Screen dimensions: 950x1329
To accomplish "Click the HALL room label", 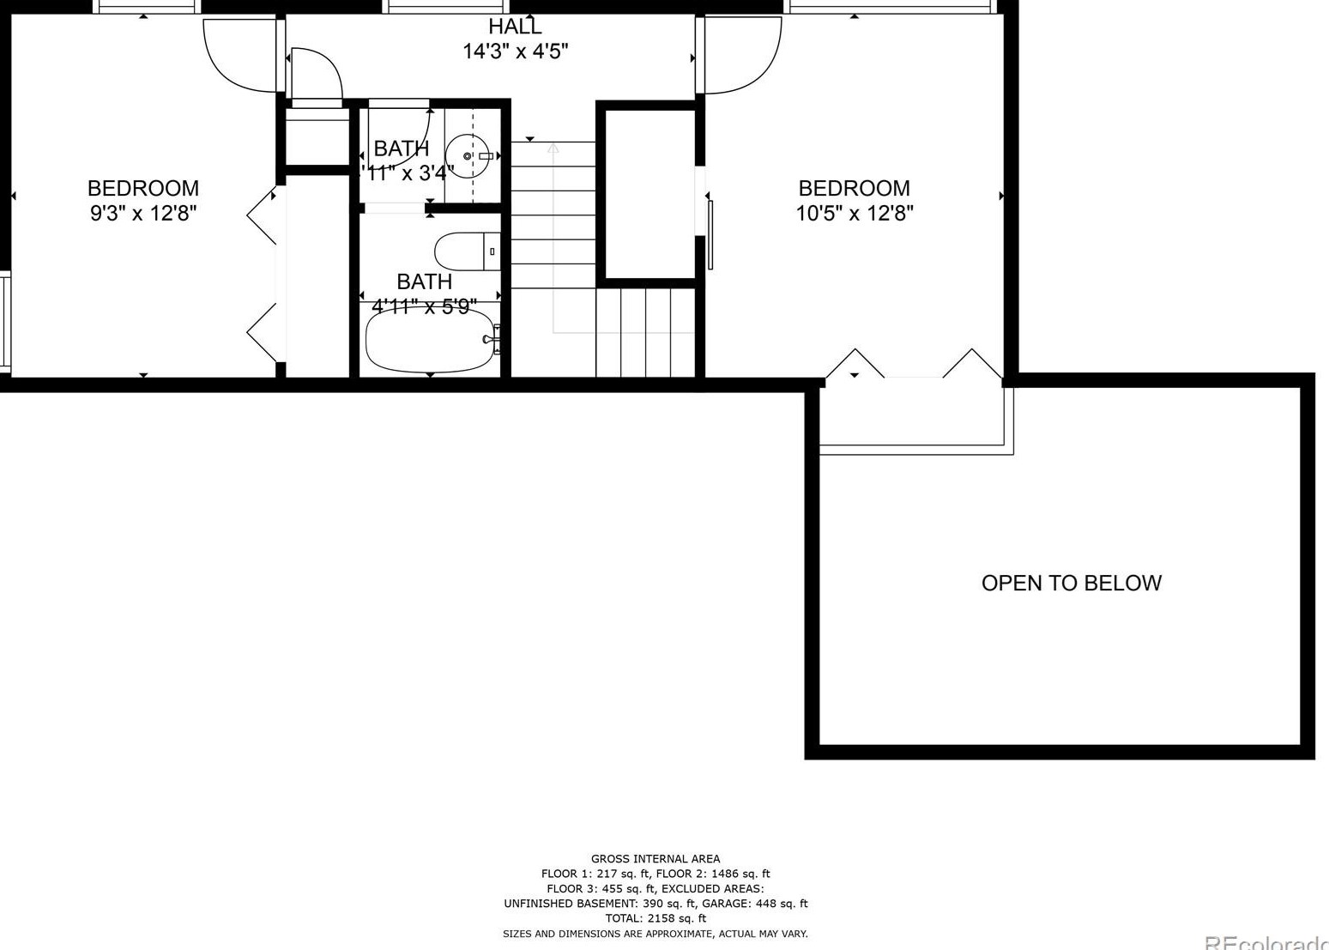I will click(515, 27).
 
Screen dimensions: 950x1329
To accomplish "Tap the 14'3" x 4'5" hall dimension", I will click(515, 51).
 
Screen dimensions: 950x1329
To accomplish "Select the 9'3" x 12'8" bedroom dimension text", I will click(143, 213).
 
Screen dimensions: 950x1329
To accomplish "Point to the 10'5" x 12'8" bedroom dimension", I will click(854, 213).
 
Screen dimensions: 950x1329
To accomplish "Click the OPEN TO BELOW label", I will click(1071, 584).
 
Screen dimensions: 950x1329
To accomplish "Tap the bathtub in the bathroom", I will click(430, 340).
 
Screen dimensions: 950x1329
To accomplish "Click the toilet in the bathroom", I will click(466, 251).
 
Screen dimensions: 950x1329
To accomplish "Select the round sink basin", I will click(468, 156).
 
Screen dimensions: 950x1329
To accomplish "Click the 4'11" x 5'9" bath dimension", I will click(424, 306).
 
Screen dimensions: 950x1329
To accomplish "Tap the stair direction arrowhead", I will click(553, 148).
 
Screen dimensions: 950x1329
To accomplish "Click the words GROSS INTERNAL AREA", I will click(655, 858).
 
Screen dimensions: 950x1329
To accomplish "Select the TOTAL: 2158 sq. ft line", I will click(655, 918).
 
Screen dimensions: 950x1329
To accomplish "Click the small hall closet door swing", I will click(316, 74).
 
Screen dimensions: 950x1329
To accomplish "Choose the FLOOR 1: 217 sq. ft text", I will click(595, 874).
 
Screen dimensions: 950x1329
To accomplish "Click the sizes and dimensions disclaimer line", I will click(655, 934).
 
